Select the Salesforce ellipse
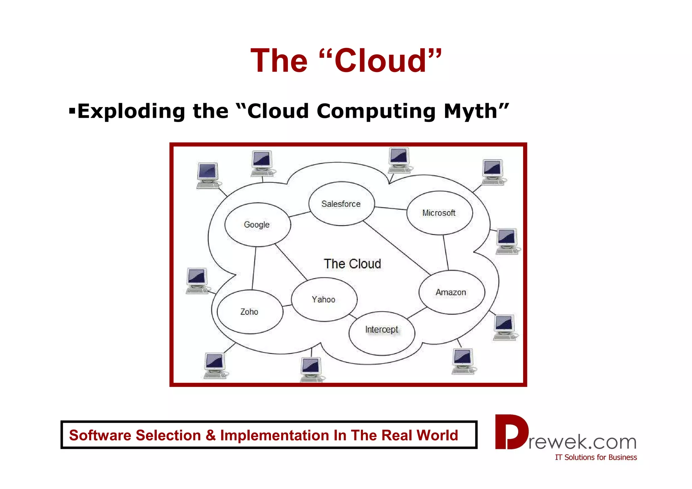pyautogui.click(x=341, y=204)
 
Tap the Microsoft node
pyautogui.click(x=439, y=213)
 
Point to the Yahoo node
pyautogui.click(x=324, y=299)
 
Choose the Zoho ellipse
pyautogui.click(x=250, y=312)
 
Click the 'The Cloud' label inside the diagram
pyautogui.click(x=352, y=264)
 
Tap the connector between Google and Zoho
pyautogui.click(x=254, y=268)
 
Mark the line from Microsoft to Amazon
pyautogui.click(x=446, y=252)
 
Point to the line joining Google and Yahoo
pyautogui.click(x=291, y=262)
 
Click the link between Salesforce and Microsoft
pyautogui.click(x=391, y=208)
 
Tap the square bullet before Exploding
pyautogui.click(x=72, y=111)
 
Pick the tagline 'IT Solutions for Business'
pyautogui.click(x=596, y=457)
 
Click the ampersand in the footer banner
pyautogui.click(x=210, y=435)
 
